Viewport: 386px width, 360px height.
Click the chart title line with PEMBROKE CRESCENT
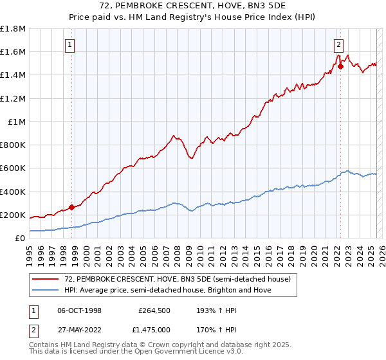pos(192,6)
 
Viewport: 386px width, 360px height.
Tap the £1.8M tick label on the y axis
pos(13,29)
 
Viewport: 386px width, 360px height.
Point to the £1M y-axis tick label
pos(16,122)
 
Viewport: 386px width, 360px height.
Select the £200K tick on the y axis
pos(13,215)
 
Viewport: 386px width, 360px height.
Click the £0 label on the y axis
pos(20,238)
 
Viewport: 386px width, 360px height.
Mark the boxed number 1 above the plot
pos(69,45)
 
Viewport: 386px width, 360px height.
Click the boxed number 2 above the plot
pos(338,45)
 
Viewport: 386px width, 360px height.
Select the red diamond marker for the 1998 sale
pos(71,207)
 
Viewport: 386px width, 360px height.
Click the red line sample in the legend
pos(46,279)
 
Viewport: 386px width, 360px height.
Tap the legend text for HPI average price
pos(168,290)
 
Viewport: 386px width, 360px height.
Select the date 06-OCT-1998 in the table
pos(79,310)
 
